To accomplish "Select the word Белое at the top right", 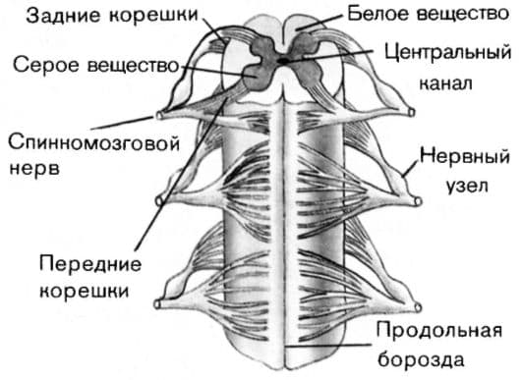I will pos(372,14).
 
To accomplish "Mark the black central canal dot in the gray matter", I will pos(283,61).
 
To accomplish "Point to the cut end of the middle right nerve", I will pos(421,202).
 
